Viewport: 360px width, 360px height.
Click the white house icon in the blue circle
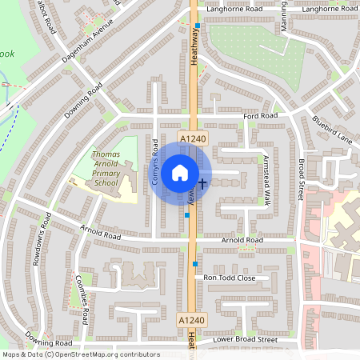(180, 172)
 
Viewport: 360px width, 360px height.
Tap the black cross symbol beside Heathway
(202, 183)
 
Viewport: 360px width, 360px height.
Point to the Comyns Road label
(155, 163)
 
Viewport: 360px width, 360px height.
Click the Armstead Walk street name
(266, 181)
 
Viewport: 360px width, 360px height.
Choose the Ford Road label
(262, 116)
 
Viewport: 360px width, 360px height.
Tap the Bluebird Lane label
(332, 129)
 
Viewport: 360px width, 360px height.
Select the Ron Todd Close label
(230, 278)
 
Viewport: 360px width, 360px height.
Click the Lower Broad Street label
(245, 340)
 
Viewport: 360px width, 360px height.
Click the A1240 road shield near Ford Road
(191, 139)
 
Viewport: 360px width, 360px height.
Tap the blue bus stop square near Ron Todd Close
(194, 263)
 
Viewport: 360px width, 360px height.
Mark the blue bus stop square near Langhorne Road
(197, 26)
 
